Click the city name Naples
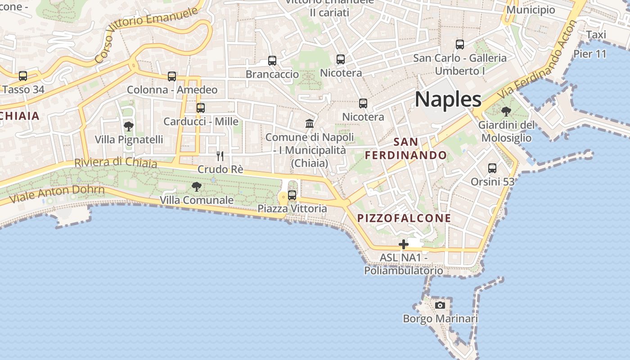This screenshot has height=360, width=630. [x=448, y=99]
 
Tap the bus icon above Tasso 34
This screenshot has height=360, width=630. [x=23, y=76]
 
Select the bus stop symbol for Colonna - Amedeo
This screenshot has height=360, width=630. [x=172, y=76]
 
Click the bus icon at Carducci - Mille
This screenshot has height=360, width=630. [x=201, y=108]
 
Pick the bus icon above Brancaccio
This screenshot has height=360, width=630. [x=272, y=61]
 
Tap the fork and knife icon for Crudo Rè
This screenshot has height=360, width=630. [x=220, y=156]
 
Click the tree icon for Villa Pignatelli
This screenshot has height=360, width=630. [x=129, y=126]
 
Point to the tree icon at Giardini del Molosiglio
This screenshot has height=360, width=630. [x=506, y=111]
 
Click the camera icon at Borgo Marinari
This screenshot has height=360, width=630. [x=440, y=305]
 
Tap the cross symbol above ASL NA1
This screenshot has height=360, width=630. [x=404, y=244]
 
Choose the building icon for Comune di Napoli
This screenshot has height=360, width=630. [x=310, y=123]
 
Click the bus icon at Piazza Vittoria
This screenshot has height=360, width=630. [x=292, y=195]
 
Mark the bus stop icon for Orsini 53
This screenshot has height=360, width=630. [x=492, y=168]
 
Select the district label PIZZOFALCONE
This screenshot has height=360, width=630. [x=404, y=218]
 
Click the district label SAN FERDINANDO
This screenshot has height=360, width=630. [x=406, y=149]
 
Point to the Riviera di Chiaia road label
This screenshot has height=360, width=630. [x=116, y=162]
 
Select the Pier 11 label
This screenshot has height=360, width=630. [x=590, y=54]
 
